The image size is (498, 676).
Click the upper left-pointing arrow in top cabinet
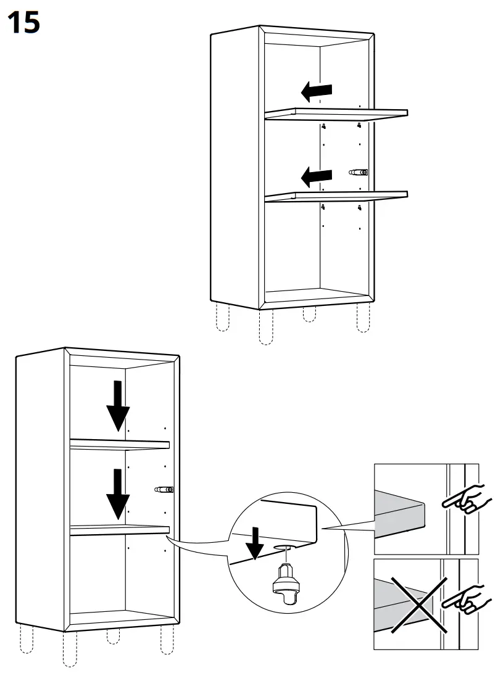click(317, 93)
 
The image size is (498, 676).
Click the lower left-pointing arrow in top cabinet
click(317, 178)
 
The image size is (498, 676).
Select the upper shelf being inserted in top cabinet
click(336, 113)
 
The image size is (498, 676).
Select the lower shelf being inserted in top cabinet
click(336, 196)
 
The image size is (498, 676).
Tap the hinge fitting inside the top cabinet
click(359, 173)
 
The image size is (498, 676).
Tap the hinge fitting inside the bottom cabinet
click(164, 490)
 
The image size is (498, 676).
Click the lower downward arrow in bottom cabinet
click(117, 493)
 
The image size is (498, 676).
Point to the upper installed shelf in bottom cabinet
click(120, 444)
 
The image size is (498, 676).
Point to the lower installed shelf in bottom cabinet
click(120, 529)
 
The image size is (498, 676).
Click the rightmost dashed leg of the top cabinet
click(363, 318)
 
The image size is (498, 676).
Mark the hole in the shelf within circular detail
click(283, 548)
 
